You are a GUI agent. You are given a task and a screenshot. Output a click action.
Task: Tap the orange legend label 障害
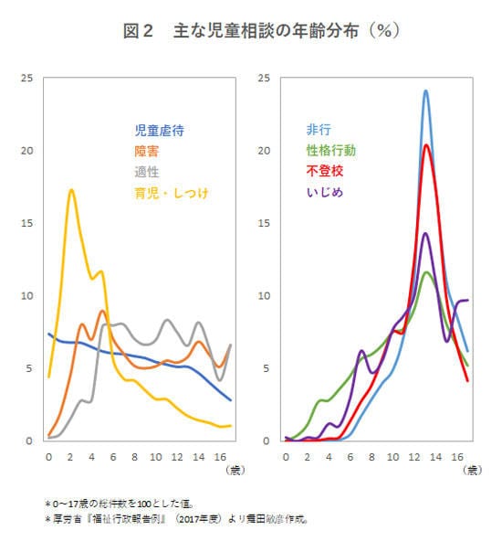[146, 151]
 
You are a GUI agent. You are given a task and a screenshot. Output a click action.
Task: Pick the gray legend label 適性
[146, 171]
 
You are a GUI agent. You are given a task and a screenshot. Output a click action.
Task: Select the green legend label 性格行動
[330, 150]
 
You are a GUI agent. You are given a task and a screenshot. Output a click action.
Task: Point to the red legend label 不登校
[324, 171]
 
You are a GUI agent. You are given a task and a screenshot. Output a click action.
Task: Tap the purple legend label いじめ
[324, 192]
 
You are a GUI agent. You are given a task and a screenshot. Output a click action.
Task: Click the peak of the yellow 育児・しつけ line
[71, 190]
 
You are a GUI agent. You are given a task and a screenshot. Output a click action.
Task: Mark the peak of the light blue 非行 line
[425, 90]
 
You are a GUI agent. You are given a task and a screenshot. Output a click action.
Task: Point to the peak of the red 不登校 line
[425, 144]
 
